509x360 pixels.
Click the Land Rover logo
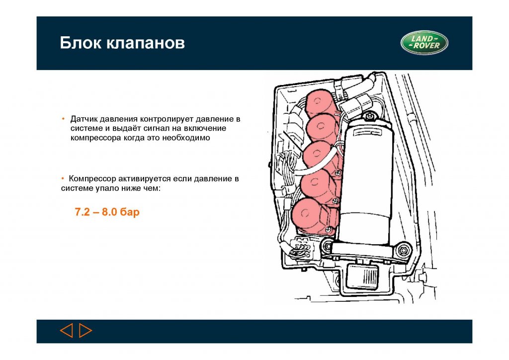click(424, 43)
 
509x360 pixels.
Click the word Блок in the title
click(81, 43)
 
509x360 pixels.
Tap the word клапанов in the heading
click(146, 43)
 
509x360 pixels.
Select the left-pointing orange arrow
click(67, 331)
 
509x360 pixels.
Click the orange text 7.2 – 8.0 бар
click(107, 212)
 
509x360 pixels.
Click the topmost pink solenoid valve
click(319, 102)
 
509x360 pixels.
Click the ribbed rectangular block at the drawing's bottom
click(362, 276)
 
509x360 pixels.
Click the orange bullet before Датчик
click(63, 119)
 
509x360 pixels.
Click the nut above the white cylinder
click(369, 116)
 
